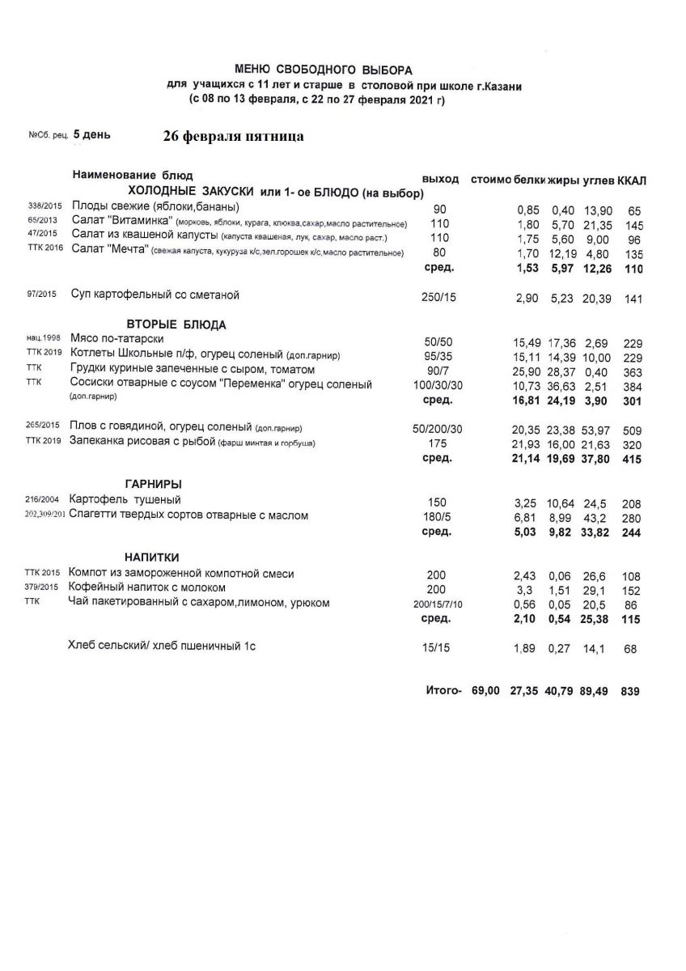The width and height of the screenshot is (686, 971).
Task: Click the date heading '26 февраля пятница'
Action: click(233, 136)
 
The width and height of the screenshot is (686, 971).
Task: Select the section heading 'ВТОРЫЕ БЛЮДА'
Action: click(176, 324)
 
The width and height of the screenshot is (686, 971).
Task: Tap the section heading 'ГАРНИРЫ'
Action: click(153, 483)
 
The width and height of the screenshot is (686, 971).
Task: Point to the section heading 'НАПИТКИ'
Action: click(151, 558)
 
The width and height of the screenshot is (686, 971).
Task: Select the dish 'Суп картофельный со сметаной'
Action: click(155, 295)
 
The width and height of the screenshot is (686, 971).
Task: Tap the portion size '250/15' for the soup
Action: click(439, 298)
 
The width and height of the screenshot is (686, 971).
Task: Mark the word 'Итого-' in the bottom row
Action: click(443, 691)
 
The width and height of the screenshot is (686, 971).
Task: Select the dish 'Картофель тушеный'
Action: click(125, 499)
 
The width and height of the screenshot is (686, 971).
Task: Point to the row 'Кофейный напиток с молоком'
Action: click(147, 587)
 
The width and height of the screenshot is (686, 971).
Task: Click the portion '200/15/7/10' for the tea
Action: click(439, 604)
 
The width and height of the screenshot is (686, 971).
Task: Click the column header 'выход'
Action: click(440, 179)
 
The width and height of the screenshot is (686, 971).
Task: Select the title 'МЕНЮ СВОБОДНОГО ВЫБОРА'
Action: click(324, 70)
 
